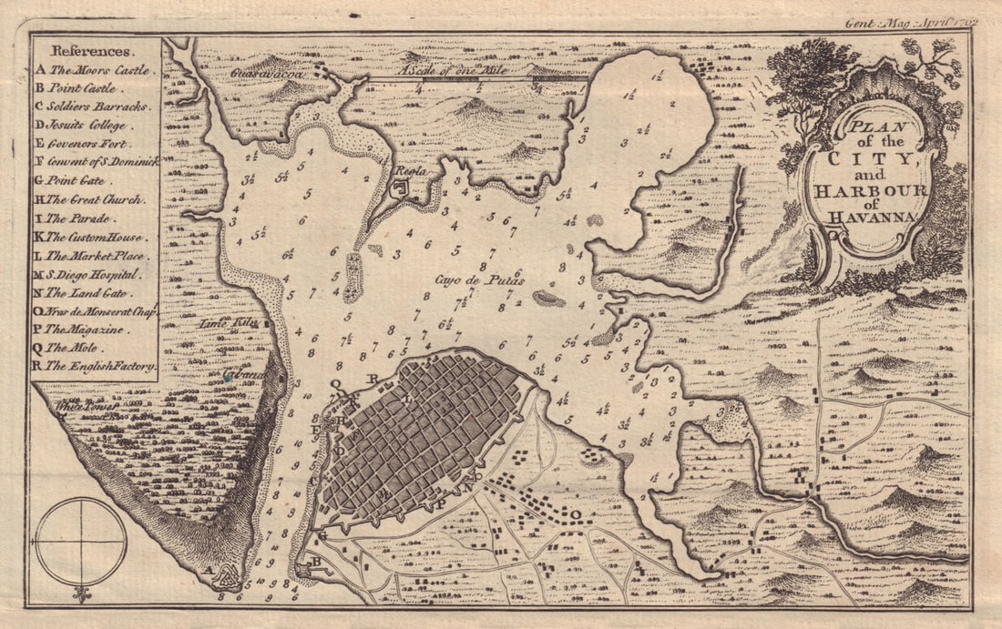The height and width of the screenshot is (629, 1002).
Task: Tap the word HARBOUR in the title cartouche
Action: click(x=864, y=191)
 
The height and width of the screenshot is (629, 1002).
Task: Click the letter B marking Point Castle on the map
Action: click(x=315, y=563)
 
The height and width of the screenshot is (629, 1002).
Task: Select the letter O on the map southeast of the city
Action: click(x=576, y=513)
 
